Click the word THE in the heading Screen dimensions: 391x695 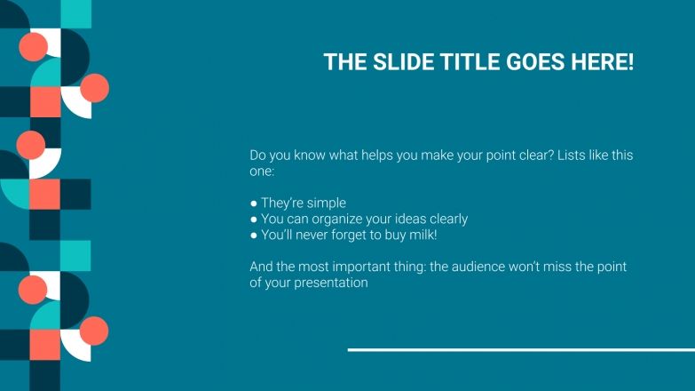(342, 62)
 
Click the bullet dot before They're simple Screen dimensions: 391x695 (254, 203)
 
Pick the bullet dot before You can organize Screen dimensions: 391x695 (254, 219)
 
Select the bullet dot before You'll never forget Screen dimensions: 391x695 (254, 235)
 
